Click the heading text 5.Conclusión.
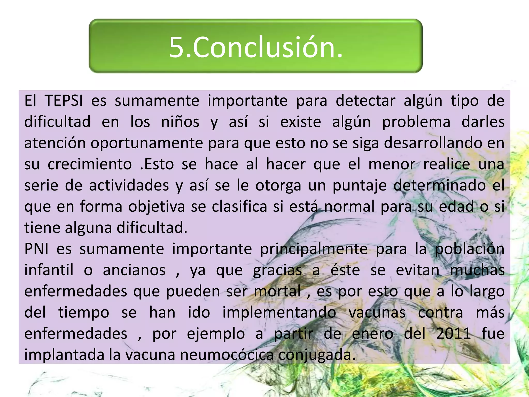pos(256,47)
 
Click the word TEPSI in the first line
pos(64,101)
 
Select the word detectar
pos(365,101)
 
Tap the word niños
pos(180,122)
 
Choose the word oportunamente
pos(147,143)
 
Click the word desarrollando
pos(433,143)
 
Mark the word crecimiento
pos(90,164)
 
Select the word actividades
pos(129,185)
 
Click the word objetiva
pos(157,207)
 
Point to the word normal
pos(349,207)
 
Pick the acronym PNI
pos(36,249)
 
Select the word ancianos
pos(134,270)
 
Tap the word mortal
pos(277,291)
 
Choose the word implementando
pos(279,313)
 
